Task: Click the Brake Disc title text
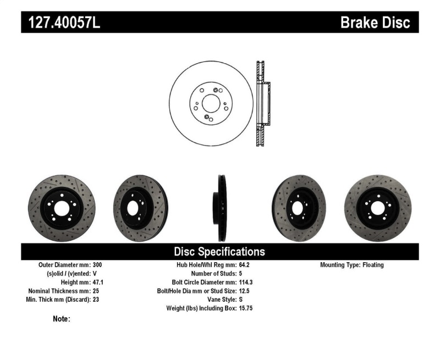[375, 23]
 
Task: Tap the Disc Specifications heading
[219, 252]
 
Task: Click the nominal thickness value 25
[94, 291]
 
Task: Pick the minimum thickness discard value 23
[94, 300]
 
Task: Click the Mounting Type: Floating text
[352, 265]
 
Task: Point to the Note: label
[61, 319]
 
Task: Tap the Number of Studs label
[213, 273]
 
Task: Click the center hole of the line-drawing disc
[210, 103]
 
